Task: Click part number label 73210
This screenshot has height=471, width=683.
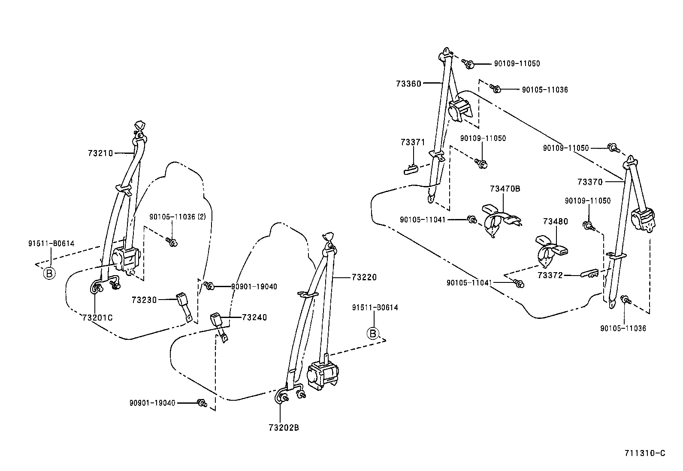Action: click(x=100, y=153)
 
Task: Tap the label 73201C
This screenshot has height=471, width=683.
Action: click(x=97, y=317)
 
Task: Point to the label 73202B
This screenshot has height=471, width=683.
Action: click(x=284, y=427)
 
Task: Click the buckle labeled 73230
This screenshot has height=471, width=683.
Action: click(x=182, y=302)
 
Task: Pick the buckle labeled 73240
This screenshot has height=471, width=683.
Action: click(x=218, y=324)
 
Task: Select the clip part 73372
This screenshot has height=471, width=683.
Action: click(x=589, y=273)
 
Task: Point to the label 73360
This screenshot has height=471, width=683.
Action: click(x=408, y=84)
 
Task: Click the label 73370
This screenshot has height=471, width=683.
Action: click(x=590, y=182)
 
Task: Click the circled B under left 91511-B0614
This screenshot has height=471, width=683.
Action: click(x=50, y=273)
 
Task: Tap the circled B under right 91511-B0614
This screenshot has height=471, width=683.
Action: click(x=373, y=333)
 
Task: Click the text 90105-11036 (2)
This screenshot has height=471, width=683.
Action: click(x=177, y=217)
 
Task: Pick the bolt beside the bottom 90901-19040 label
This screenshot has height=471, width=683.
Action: click(x=201, y=402)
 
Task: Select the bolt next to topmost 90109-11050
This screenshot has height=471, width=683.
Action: click(x=468, y=64)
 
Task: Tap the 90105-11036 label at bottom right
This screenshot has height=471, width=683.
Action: click(x=623, y=328)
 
